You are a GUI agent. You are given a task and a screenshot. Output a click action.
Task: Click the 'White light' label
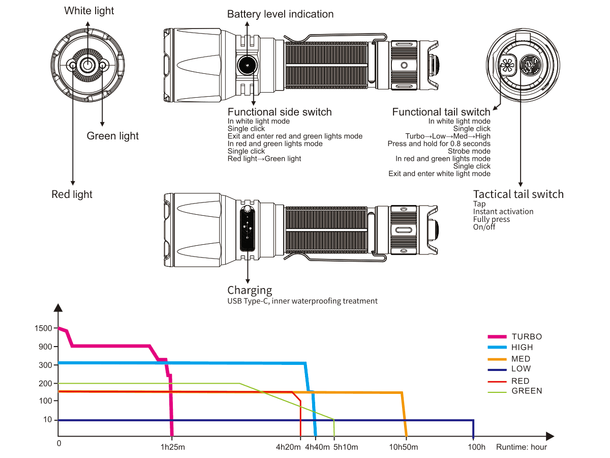89,11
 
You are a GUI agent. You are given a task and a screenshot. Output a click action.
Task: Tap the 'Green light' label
112,136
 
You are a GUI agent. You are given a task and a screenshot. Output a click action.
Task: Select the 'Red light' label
72,194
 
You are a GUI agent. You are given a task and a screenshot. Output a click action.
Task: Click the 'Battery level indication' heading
280,14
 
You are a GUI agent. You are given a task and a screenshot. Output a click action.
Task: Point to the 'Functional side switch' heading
280,112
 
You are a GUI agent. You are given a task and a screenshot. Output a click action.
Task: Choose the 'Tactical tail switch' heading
518,194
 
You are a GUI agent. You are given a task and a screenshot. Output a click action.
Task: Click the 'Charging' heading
250,290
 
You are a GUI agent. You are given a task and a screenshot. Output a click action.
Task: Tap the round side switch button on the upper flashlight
248,65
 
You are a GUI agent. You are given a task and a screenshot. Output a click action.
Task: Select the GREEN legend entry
527,391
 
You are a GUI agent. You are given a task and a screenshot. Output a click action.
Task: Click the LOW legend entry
521,368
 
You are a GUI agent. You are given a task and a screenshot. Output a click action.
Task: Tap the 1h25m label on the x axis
173,447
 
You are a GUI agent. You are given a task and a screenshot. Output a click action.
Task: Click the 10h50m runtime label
404,447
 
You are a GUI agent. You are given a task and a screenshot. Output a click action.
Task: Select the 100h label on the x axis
476,447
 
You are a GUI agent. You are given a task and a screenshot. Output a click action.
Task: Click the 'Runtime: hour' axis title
522,447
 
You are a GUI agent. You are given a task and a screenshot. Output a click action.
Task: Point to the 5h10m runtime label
346,447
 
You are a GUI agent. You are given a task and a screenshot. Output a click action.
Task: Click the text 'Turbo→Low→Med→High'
448,136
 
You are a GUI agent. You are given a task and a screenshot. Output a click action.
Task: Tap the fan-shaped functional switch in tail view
506,64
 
